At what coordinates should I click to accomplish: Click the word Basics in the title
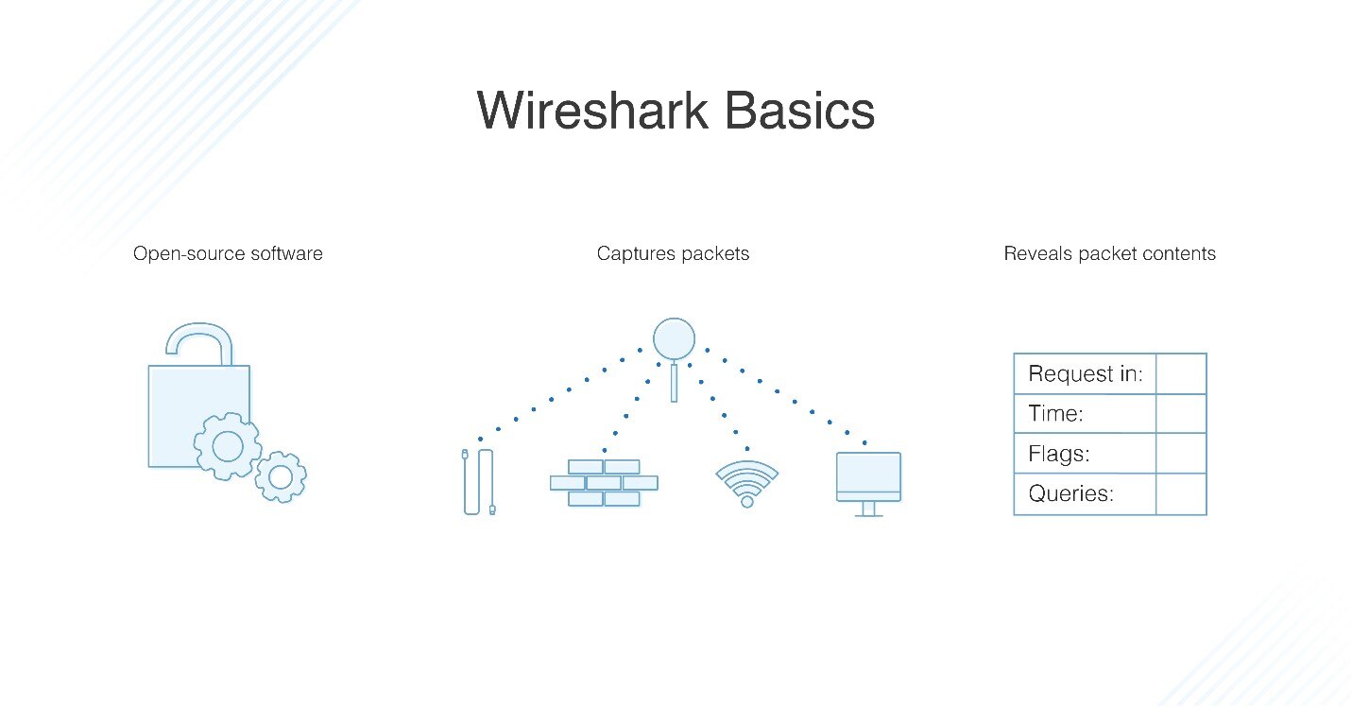(799, 111)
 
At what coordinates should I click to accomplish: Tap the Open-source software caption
(228, 253)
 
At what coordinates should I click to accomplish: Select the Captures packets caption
(673, 253)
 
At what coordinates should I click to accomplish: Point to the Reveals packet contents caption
(1109, 253)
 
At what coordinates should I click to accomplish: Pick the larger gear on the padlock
(228, 444)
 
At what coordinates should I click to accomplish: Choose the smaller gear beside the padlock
(281, 477)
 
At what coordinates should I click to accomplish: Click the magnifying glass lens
(674, 338)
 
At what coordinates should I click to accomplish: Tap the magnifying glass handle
(674, 382)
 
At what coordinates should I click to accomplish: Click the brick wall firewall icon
(604, 482)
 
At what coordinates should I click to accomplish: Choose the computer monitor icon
(868, 481)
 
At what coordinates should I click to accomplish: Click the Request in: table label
(1085, 374)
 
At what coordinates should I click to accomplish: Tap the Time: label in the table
(1055, 414)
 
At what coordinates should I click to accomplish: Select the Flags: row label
(1059, 454)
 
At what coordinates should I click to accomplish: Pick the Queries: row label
(1070, 493)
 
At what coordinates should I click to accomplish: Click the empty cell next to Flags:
(1181, 454)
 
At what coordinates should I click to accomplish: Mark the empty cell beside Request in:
(1181, 374)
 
